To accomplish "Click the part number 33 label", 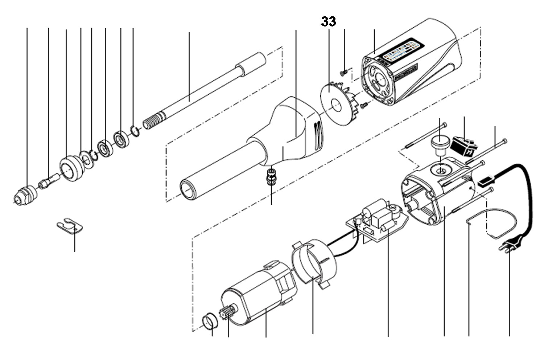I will pos(328,22).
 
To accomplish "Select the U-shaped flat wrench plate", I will pos(70,225).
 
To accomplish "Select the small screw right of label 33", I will pos(344,73).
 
